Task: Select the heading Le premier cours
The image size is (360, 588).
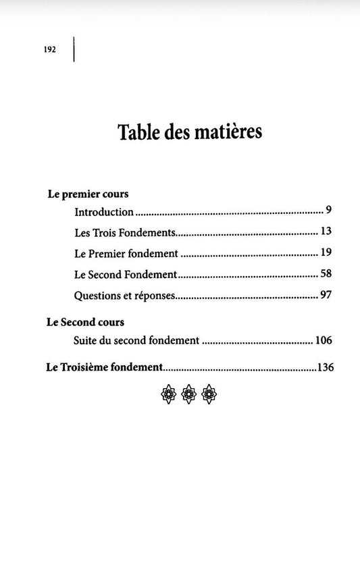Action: (88, 194)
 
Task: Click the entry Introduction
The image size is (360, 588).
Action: (104, 212)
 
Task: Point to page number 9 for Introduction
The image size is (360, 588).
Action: (328, 211)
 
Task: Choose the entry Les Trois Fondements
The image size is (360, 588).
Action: (126, 233)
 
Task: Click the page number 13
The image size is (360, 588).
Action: (326, 232)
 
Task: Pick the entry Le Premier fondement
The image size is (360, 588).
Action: (126, 255)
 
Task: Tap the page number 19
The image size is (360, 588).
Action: (326, 254)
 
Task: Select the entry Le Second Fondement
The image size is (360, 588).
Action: (126, 275)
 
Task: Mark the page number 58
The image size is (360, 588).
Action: (326, 275)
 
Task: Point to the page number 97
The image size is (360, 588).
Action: (326, 296)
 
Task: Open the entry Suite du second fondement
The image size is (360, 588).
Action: (136, 341)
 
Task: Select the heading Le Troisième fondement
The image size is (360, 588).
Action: (105, 368)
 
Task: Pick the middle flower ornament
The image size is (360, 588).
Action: (190, 394)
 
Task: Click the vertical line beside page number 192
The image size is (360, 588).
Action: (74, 50)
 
